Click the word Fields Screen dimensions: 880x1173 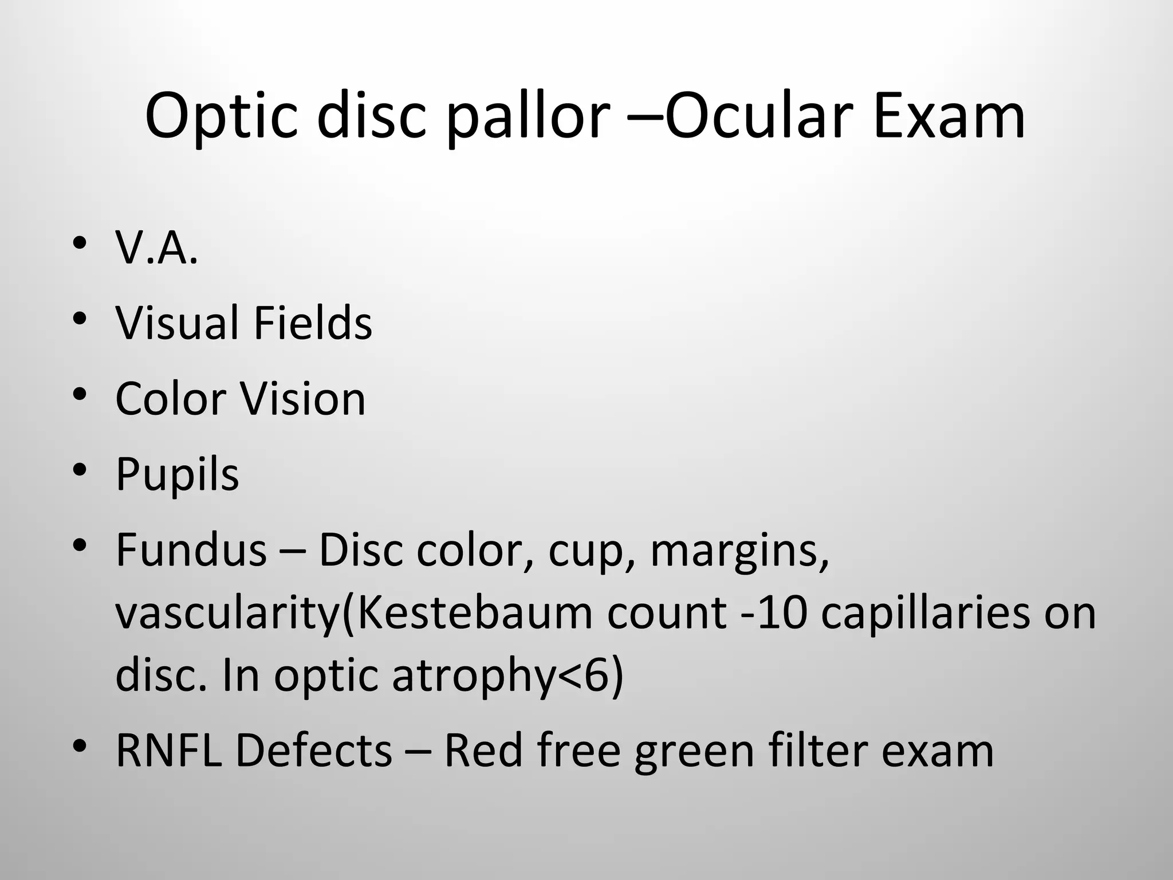[x=313, y=323]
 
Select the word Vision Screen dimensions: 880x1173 [x=302, y=398]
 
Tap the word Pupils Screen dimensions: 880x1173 [x=177, y=474]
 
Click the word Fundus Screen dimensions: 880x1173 [x=191, y=550]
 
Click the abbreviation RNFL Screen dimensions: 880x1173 [x=168, y=751]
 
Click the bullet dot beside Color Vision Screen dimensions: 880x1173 [x=80, y=395]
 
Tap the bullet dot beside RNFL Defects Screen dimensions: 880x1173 [x=80, y=747]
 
